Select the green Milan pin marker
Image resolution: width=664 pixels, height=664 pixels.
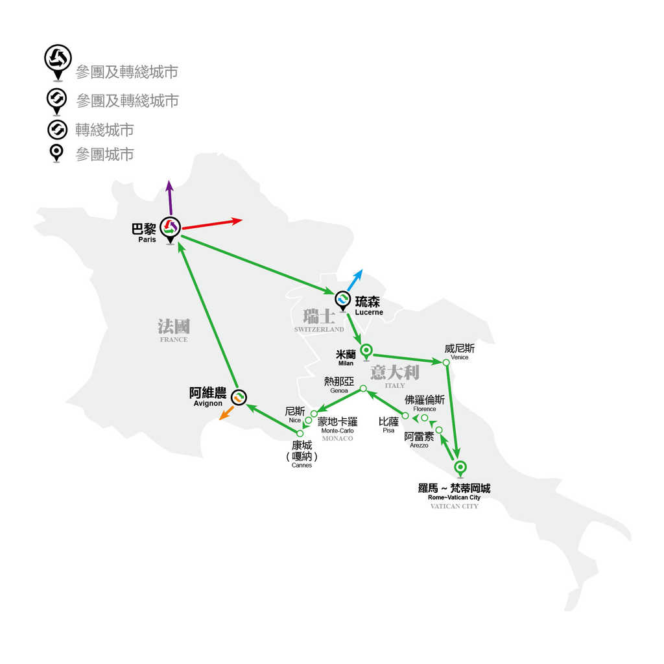(366, 352)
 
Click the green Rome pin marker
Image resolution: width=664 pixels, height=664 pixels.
(460, 469)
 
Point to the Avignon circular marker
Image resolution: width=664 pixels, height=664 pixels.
(239, 397)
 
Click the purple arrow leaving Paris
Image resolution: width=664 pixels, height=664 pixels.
(170, 197)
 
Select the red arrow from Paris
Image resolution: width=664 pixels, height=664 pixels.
(212, 224)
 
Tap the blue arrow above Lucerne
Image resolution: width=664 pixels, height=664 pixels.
(355, 280)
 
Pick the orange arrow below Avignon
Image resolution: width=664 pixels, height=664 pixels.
(226, 413)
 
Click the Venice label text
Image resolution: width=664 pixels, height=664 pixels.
(460, 357)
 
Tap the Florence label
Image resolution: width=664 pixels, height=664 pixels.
(424, 409)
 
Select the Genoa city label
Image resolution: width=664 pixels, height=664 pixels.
(338, 391)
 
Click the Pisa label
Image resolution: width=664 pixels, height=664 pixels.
(388, 431)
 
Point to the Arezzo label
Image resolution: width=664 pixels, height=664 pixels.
(419, 445)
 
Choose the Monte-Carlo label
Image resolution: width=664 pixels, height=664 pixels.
(337, 431)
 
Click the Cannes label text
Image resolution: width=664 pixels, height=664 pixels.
(302, 465)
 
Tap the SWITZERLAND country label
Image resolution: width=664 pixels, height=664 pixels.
(319, 329)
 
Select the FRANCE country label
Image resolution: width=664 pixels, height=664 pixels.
(174, 339)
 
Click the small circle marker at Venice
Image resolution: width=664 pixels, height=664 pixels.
(446, 362)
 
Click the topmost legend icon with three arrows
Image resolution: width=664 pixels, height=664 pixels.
(58, 62)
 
